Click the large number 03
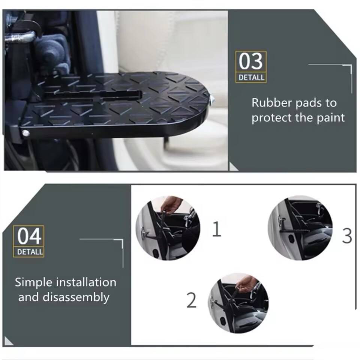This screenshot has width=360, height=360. click(250, 61)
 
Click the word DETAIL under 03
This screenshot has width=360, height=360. click(251, 77)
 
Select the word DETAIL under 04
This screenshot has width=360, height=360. click(30, 252)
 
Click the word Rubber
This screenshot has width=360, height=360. click(271, 103)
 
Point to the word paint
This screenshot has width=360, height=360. click(331, 118)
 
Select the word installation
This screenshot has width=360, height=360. click(86, 282)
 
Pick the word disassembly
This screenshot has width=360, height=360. click(76, 297)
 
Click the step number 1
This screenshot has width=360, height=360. click(216, 229)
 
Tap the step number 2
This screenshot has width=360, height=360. click(191, 300)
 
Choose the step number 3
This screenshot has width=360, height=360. click(346, 236)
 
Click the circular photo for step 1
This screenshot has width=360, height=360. click(168, 228)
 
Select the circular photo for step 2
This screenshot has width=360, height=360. click(238, 303)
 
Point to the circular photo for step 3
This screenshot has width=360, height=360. click(300, 228)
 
